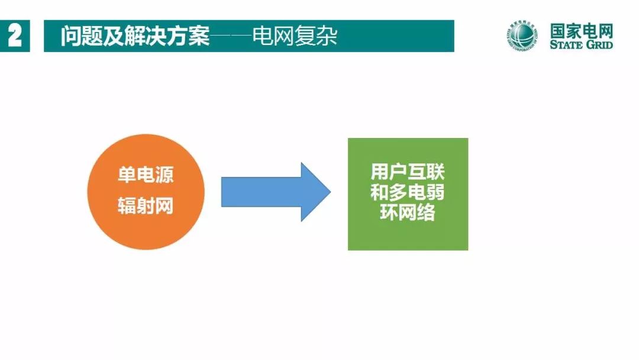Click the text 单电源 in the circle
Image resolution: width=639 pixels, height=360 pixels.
146,175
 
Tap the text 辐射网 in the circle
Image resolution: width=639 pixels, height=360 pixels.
146,207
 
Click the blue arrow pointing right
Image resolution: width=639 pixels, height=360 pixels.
266,192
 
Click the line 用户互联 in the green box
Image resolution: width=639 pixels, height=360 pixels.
408,173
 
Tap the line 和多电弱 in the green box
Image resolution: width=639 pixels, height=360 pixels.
408,192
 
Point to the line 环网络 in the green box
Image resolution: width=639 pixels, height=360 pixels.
408,213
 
